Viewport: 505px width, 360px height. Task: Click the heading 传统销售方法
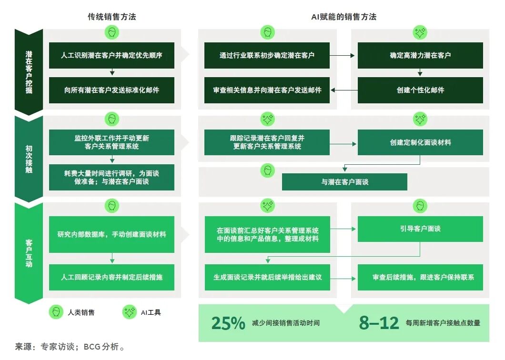click(x=111, y=17)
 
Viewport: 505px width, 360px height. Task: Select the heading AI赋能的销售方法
click(x=343, y=17)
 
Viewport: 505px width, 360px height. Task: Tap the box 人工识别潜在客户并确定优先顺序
click(x=112, y=55)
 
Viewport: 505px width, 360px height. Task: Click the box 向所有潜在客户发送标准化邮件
click(x=112, y=90)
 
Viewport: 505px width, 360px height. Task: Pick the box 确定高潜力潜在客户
click(x=420, y=55)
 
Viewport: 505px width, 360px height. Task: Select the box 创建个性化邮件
click(x=420, y=90)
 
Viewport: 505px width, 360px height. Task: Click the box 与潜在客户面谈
click(x=344, y=182)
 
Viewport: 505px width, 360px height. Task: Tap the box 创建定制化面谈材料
click(x=420, y=142)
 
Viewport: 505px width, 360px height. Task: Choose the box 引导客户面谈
click(x=420, y=229)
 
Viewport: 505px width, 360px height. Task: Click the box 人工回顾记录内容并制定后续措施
click(x=112, y=277)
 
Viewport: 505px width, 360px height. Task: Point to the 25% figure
click(x=228, y=323)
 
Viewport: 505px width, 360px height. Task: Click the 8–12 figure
click(x=379, y=323)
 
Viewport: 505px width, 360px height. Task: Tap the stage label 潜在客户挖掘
click(x=29, y=71)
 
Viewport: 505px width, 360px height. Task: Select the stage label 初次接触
click(x=29, y=159)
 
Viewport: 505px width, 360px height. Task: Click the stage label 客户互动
click(x=29, y=252)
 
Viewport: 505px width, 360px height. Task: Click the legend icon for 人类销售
click(x=56, y=312)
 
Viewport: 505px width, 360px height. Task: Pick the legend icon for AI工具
click(x=129, y=312)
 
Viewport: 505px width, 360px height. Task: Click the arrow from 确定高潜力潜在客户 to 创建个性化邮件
click(x=420, y=73)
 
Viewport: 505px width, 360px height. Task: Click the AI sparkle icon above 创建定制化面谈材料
click(x=420, y=119)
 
